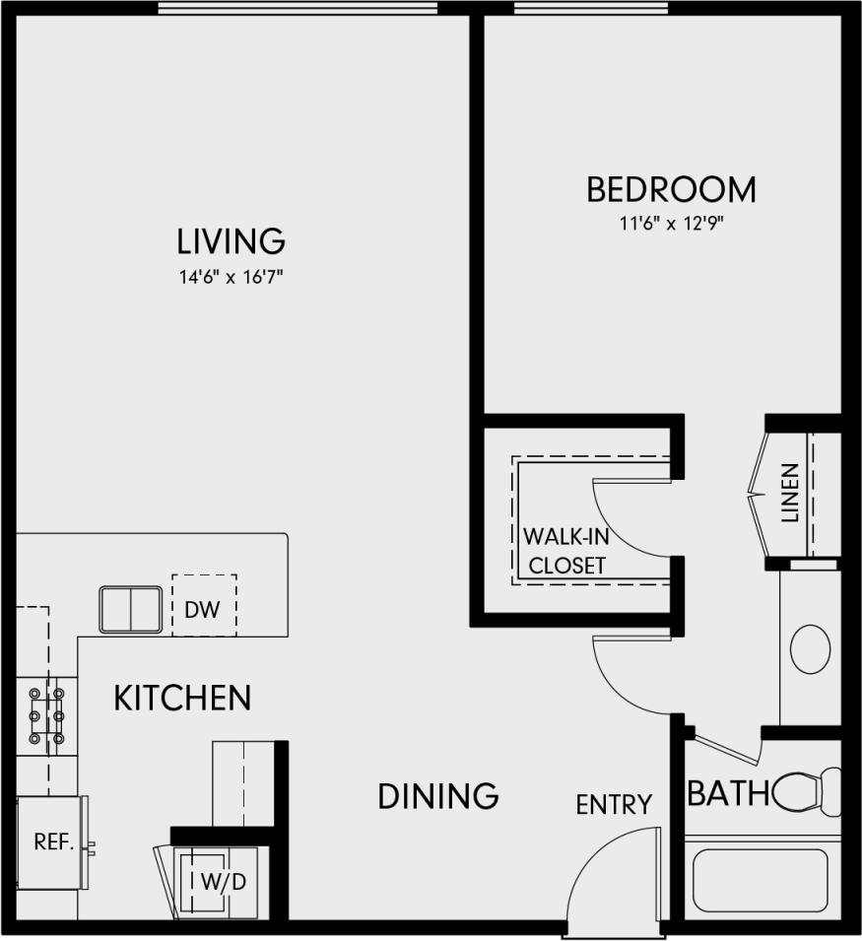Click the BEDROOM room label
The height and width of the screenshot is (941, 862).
click(x=671, y=189)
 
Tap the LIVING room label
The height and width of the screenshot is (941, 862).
click(x=231, y=240)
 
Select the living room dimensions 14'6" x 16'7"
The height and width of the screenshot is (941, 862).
click(x=231, y=277)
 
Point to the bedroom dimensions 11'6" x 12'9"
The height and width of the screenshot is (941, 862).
click(x=671, y=224)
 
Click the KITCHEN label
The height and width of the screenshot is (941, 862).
click(x=182, y=699)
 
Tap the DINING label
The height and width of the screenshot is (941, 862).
click(x=437, y=795)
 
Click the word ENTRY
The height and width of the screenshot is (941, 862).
click(x=614, y=805)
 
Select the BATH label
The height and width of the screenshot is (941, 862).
click(x=728, y=793)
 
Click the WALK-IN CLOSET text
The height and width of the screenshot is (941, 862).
click(x=564, y=551)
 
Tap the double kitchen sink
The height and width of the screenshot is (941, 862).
click(x=130, y=609)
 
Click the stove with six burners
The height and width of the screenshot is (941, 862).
click(x=46, y=713)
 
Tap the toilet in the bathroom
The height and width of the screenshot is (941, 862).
click(x=806, y=790)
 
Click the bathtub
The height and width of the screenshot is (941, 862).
click(x=760, y=880)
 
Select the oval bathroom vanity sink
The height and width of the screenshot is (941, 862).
click(x=811, y=648)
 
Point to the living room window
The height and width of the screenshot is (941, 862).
click(x=297, y=9)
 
